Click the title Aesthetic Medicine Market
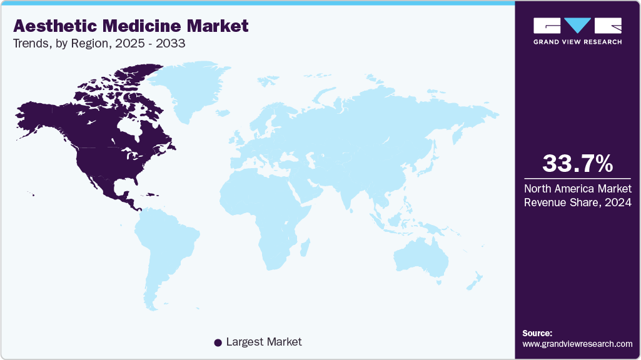point(131,26)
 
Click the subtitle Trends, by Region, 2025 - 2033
point(99,44)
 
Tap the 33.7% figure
point(577,164)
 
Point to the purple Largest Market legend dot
point(218,342)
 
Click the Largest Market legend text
point(264,342)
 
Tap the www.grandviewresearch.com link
point(577,344)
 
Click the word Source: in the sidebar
point(537,333)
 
